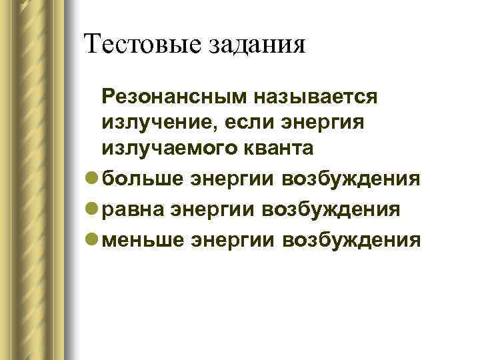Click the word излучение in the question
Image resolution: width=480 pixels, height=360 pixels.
pos(157,123)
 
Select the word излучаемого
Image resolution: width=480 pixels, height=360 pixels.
pos(169,149)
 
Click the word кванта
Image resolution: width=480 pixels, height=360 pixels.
pos(277,148)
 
